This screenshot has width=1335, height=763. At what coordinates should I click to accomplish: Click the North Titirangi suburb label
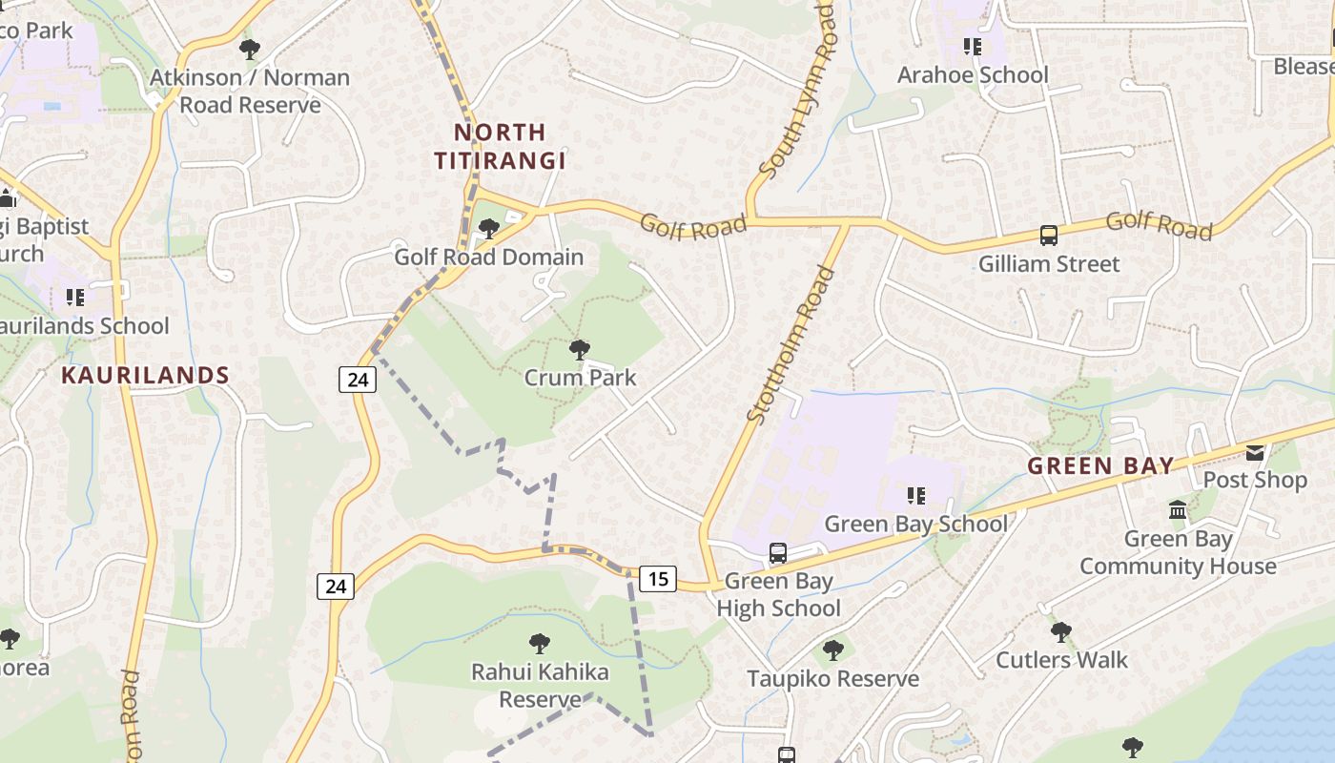(x=500, y=146)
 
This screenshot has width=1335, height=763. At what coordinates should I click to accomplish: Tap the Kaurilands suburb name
(x=145, y=375)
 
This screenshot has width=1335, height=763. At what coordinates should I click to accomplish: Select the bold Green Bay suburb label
(x=1100, y=465)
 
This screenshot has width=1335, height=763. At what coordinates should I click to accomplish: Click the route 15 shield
(x=658, y=578)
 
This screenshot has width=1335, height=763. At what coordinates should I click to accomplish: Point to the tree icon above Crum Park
(x=579, y=350)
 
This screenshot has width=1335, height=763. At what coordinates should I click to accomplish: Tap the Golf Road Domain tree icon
(x=489, y=229)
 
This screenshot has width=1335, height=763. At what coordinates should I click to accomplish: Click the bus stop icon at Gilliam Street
(x=1049, y=236)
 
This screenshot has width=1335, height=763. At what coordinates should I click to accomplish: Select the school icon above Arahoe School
(x=973, y=47)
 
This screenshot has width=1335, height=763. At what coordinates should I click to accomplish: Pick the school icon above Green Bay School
(x=916, y=496)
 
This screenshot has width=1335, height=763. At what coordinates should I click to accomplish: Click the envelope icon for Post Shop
(x=1255, y=452)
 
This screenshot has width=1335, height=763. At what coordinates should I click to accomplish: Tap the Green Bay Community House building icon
(x=1178, y=510)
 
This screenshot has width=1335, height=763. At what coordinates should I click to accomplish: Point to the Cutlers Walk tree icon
(x=1061, y=631)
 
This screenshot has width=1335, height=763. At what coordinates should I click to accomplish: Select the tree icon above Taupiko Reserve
(x=833, y=650)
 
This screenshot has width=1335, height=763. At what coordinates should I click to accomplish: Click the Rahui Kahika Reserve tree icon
(x=540, y=644)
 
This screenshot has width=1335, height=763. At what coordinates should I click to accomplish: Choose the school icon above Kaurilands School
(x=75, y=298)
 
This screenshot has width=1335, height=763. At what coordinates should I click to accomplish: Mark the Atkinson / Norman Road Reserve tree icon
(x=250, y=49)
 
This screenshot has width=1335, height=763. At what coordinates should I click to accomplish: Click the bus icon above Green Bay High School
(x=778, y=553)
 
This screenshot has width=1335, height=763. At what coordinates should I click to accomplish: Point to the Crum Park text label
(x=580, y=378)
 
